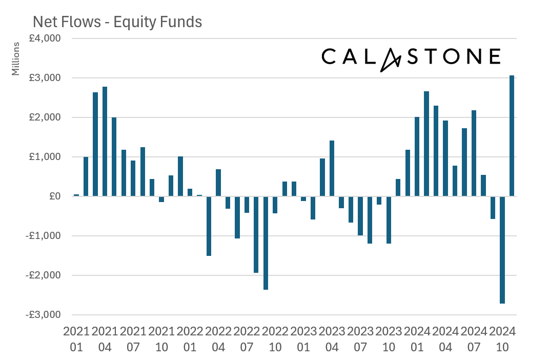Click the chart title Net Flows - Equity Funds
[117, 22]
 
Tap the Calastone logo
[411, 56]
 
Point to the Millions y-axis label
[16, 58]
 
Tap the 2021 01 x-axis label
[76, 339]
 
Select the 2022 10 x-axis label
[275, 339]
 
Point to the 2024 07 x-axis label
[474, 339]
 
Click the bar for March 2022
[209, 226]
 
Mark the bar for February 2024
[426, 144]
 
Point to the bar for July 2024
[474, 153]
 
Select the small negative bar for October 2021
[161, 199]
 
